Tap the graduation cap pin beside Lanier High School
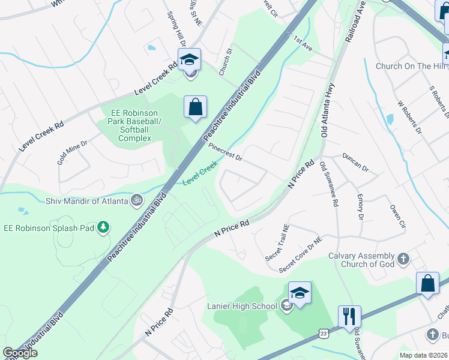click(300, 293)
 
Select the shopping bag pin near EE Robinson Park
click(195, 108)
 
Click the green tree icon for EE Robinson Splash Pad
click(104, 227)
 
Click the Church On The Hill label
click(412, 66)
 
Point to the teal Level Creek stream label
click(199, 175)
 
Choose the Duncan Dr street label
click(355, 161)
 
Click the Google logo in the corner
click(20, 353)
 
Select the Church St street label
click(225, 62)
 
